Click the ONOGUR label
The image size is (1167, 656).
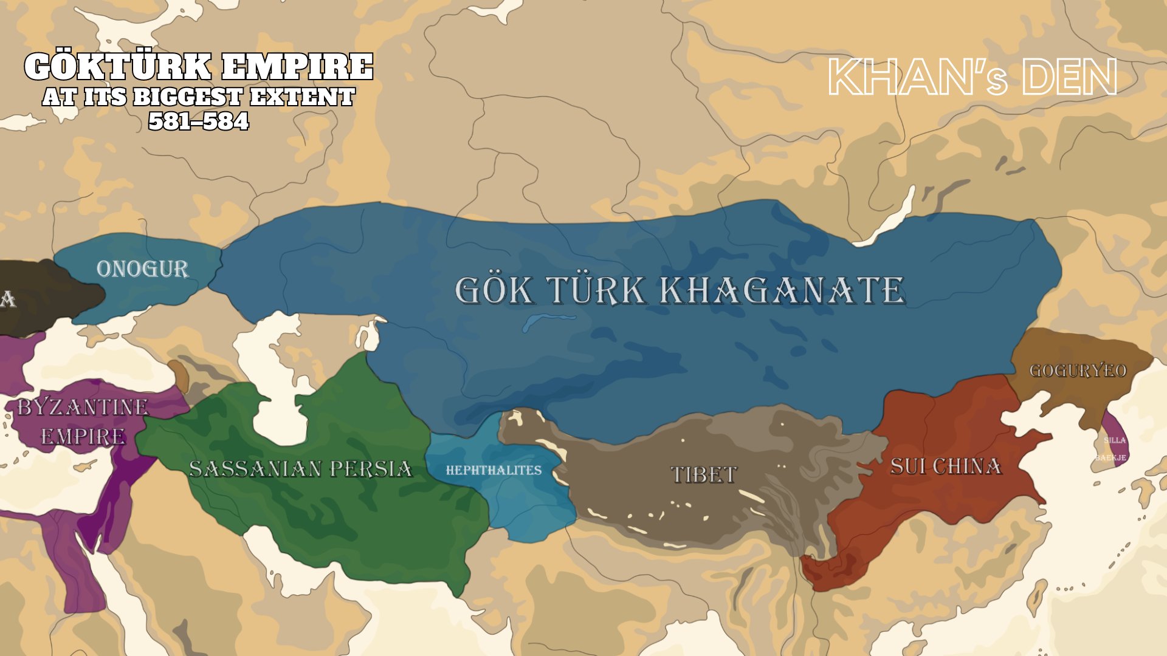pos(143,269)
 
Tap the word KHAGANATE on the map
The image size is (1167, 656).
pos(783,290)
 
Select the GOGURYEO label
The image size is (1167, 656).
pos(1078,371)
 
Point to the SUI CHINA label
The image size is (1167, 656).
pos(945,466)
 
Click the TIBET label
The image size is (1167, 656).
pos(704,474)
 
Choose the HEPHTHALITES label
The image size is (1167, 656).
pos(494,470)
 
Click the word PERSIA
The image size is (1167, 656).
pos(371,469)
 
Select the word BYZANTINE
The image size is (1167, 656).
pos(83,407)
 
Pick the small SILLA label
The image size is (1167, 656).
pos(1115,440)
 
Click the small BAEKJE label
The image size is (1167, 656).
pos(1111,457)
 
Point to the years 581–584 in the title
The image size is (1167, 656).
pos(199,121)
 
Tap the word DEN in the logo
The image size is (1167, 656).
pos(1070,78)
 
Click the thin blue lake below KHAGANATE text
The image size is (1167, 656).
pos(547,320)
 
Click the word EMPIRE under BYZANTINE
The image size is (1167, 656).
pos(83,436)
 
